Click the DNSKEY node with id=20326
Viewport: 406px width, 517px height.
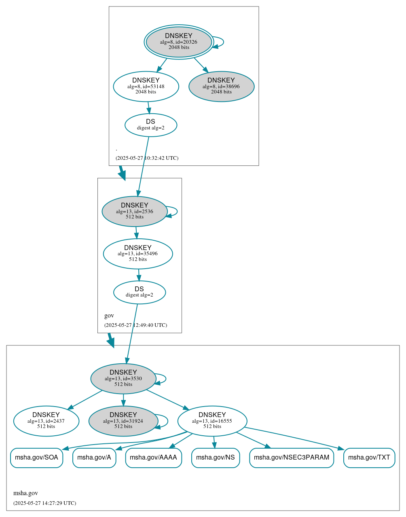pos(179,42)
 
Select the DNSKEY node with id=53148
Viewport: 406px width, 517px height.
pos(146,86)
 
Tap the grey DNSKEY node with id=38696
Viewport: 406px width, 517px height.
pos(221,86)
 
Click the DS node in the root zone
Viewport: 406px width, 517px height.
pos(150,125)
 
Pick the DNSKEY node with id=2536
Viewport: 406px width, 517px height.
pos(135,211)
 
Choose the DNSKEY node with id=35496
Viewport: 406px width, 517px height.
pos(138,254)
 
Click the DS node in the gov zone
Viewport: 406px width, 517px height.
pos(139,292)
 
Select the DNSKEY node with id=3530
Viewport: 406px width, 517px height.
pos(123,379)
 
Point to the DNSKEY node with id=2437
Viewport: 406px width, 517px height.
pos(46,421)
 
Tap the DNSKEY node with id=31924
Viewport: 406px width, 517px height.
pos(123,421)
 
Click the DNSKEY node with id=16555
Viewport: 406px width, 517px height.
pos(212,421)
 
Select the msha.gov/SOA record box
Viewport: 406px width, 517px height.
pos(36,458)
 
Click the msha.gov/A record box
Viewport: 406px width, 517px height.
pos(94,458)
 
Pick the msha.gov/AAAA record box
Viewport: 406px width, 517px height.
pos(153,458)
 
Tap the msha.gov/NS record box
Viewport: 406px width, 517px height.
pos(216,458)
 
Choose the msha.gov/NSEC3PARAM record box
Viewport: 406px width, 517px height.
pos(292,458)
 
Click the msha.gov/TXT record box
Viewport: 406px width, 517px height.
pos(369,458)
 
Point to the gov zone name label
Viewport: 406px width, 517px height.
pos(109,316)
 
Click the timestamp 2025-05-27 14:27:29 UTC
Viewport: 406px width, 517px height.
pos(44,503)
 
